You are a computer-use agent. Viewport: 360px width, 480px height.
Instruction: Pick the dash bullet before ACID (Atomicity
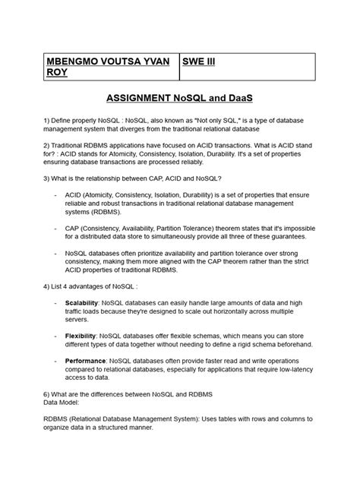(x=58, y=197)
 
